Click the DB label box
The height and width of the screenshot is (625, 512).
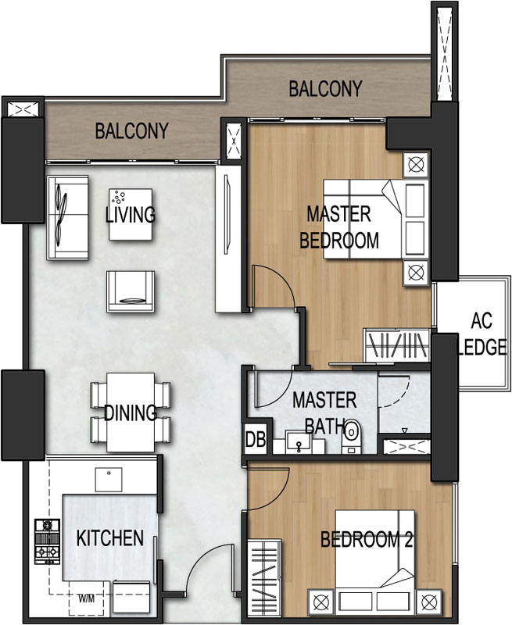pos(256,440)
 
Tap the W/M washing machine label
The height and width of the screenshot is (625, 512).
pos(87,598)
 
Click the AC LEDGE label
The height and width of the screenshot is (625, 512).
pos(482,334)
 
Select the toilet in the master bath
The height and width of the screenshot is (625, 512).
pos(351,436)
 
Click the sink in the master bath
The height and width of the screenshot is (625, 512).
pos(299,442)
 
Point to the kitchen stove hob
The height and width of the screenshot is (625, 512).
pos(47,541)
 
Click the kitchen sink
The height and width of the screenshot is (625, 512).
pos(109,480)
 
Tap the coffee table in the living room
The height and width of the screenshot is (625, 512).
pos(131,214)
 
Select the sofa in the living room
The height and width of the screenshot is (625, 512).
pos(67,218)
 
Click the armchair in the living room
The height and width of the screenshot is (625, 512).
pos(131,291)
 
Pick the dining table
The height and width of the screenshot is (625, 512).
pos(131,412)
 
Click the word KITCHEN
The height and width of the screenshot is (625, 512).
pos(109,538)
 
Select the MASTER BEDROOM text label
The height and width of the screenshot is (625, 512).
pos(339,227)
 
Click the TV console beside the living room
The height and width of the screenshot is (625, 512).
pos(228,238)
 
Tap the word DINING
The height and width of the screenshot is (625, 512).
pos(130,412)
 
